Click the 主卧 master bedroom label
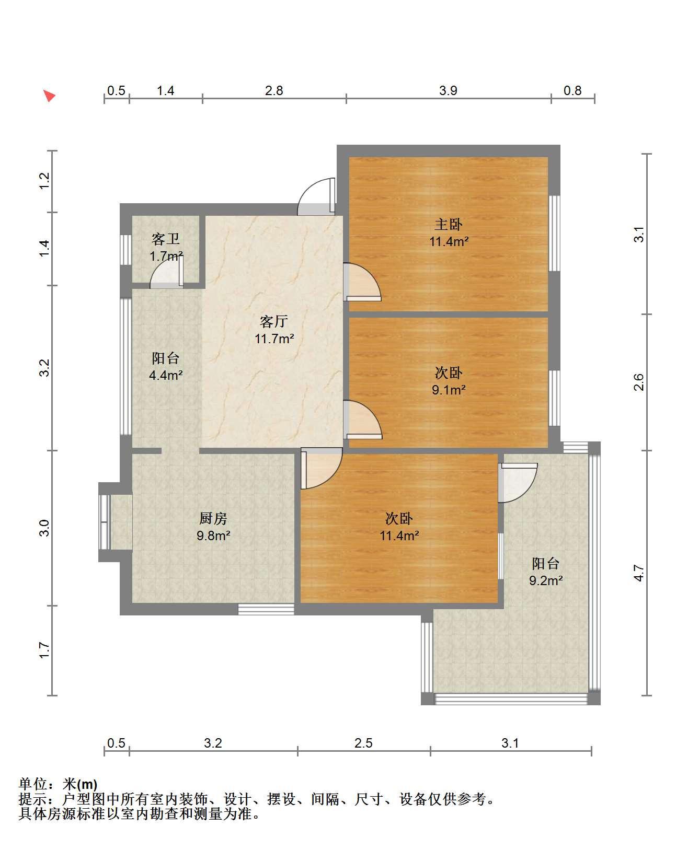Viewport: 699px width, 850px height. point(449,225)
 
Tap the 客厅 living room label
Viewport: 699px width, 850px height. point(274,321)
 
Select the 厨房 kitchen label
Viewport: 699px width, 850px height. point(213,518)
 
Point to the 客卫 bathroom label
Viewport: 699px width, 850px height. point(166,239)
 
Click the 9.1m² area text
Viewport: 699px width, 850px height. point(449,390)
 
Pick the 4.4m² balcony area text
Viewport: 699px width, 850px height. point(166,375)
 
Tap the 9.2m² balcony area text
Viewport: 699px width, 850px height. point(546,580)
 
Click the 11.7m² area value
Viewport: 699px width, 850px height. point(274,339)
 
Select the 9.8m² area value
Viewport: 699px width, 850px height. point(213,535)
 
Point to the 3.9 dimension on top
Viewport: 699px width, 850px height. point(448,90)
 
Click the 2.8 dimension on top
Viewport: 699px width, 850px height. point(274,90)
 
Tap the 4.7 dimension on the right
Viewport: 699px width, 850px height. point(638,573)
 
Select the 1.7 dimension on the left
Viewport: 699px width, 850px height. point(44,650)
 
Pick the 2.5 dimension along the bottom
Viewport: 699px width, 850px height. point(363,743)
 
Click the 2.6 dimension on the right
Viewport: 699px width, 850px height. point(638,382)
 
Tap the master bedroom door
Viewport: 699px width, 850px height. point(362,282)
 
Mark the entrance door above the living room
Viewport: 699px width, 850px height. point(316,196)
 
